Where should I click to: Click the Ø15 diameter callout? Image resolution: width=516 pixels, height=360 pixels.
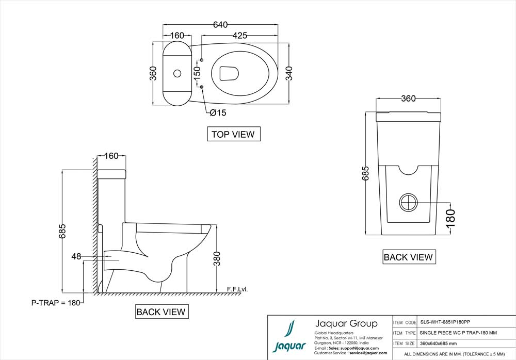217,112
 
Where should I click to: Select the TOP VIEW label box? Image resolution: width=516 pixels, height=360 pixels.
233,134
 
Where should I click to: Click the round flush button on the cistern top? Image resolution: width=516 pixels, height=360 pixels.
177,74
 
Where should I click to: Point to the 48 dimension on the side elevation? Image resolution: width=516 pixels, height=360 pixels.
77,256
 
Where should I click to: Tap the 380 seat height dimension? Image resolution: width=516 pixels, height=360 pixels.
217,258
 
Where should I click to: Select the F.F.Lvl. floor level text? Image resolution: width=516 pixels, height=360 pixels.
237,289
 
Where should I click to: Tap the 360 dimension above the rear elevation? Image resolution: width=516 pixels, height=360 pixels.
408,99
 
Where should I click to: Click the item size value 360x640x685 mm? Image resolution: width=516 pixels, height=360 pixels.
438,343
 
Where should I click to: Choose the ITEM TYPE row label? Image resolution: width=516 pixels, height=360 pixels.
405,333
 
